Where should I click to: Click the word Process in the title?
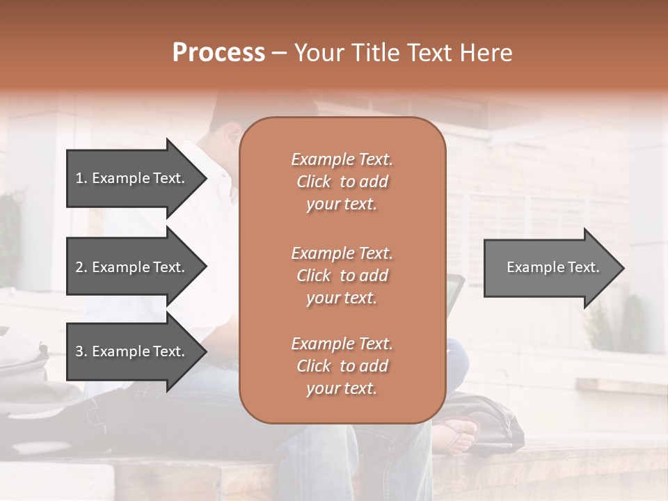point(218,53)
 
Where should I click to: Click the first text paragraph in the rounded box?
point(342,182)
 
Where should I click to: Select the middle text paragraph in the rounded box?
point(342,276)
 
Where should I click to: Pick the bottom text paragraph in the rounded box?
point(342,366)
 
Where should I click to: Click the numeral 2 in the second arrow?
point(79,267)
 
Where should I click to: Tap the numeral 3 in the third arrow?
point(79,351)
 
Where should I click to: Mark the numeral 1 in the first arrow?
point(79,178)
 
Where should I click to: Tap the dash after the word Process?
point(280,54)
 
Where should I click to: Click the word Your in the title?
point(317,53)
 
